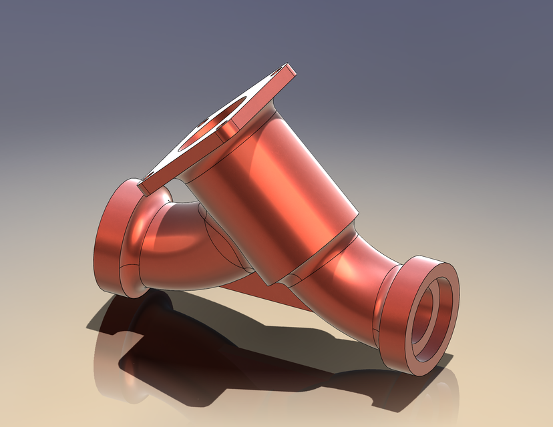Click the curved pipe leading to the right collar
click(x=347, y=280)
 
